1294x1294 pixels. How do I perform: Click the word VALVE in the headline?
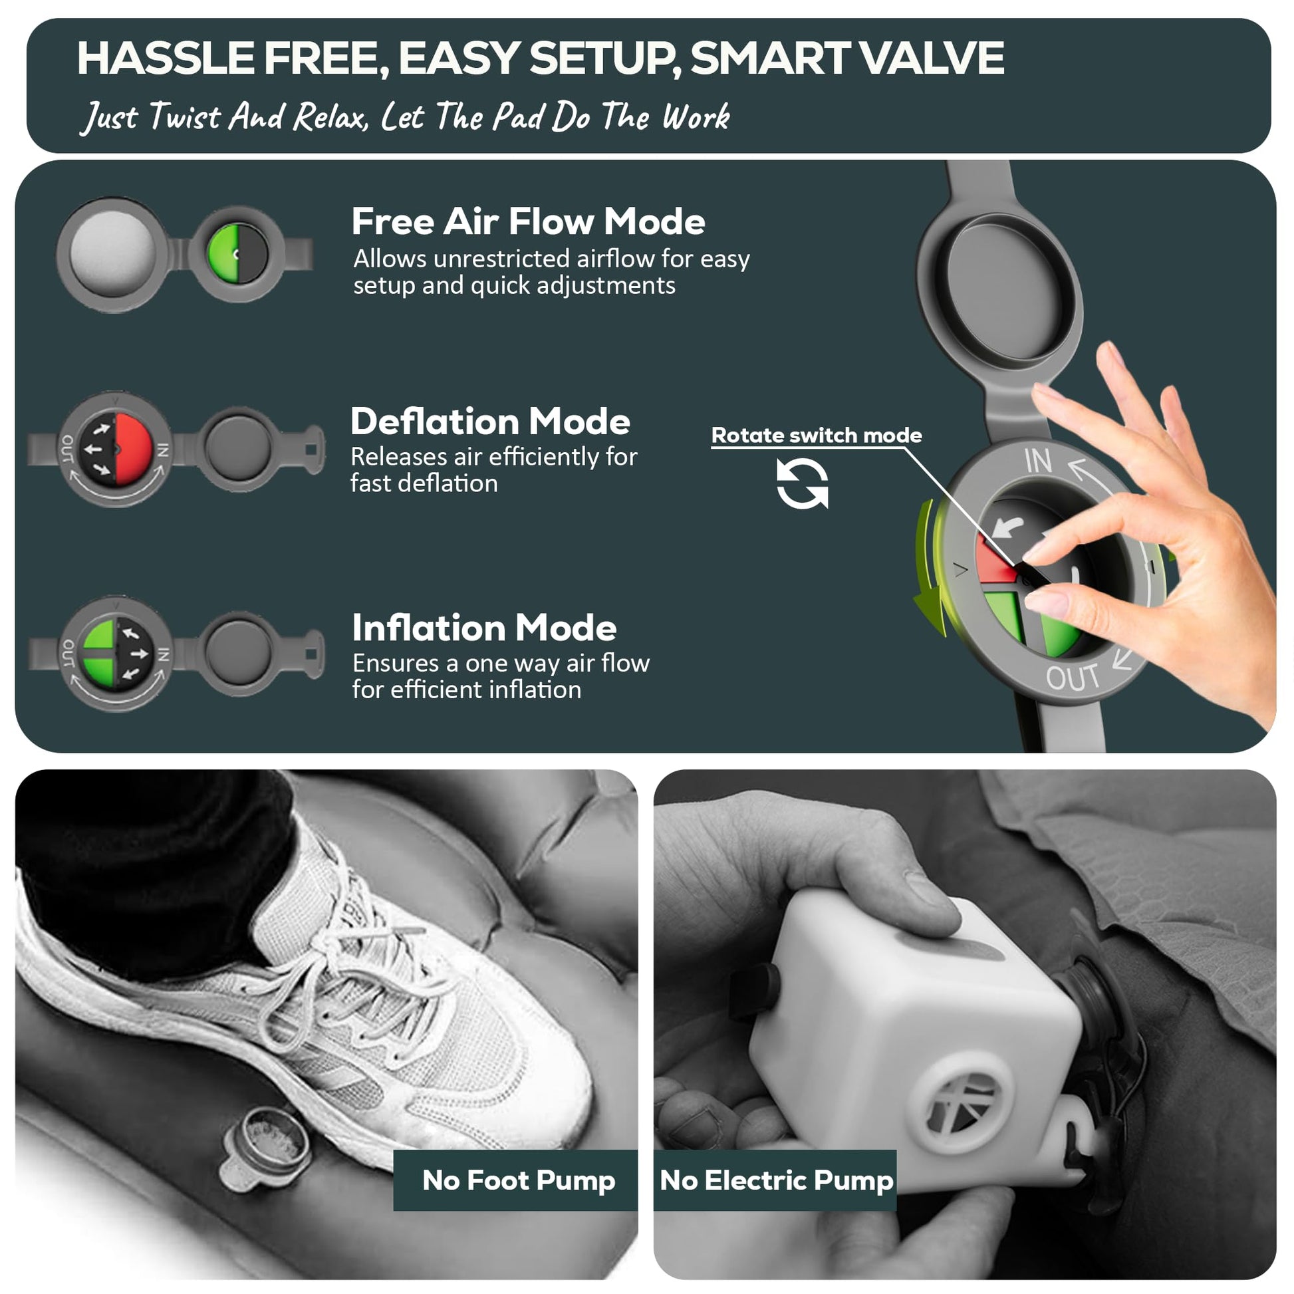(x=932, y=58)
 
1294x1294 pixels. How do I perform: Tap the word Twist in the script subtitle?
(x=184, y=116)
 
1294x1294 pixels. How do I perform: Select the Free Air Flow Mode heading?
(x=528, y=221)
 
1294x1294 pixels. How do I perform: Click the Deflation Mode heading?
(x=490, y=422)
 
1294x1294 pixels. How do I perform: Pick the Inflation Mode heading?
(x=484, y=628)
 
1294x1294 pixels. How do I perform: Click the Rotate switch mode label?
(x=817, y=436)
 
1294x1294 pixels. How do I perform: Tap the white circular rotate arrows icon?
(x=803, y=483)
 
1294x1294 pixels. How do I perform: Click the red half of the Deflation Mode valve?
(x=133, y=449)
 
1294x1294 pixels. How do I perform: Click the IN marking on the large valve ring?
(x=1037, y=461)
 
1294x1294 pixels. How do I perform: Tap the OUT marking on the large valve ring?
(x=1073, y=678)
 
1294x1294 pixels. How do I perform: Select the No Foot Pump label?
(x=519, y=1180)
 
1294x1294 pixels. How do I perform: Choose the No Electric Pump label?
(x=776, y=1180)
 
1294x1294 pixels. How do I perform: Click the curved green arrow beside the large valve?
(x=928, y=569)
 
